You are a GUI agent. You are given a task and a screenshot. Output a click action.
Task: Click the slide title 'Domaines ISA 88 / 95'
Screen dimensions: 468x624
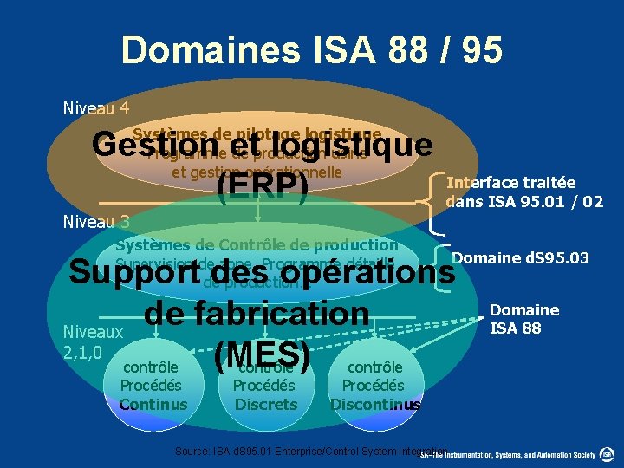312,50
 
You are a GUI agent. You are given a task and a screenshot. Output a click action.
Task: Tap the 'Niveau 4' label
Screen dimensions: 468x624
96,108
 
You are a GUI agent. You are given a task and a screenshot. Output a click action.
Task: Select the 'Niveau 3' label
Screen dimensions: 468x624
96,222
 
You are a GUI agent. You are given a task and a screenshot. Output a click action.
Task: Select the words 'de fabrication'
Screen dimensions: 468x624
257,312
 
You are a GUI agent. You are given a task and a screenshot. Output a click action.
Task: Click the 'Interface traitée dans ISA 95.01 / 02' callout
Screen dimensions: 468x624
523,192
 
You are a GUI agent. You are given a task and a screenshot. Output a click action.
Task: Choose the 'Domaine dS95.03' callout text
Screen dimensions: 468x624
532,257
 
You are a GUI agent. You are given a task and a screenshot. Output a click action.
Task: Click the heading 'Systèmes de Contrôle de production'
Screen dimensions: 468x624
257,245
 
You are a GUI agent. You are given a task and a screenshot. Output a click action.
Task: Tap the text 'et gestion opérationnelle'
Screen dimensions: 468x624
257,172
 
